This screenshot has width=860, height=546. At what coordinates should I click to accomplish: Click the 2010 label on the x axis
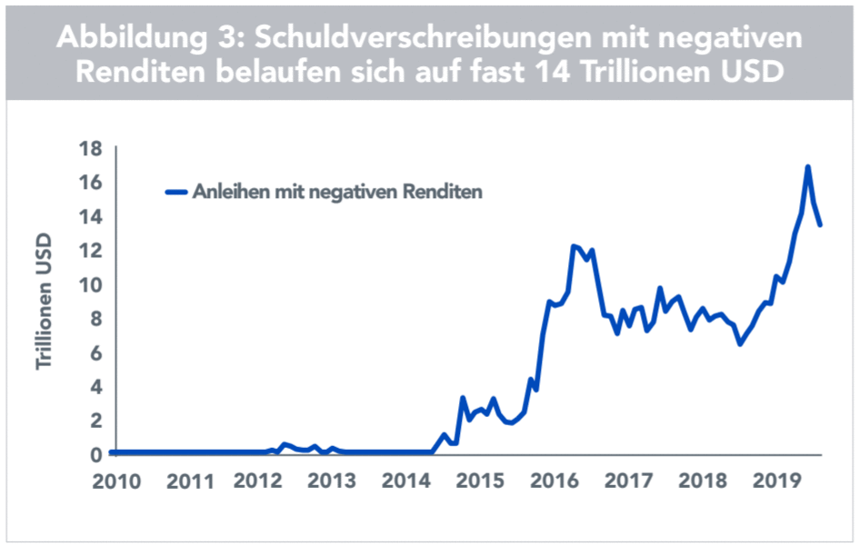click(117, 479)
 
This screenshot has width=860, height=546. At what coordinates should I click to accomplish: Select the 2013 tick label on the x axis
click(330, 479)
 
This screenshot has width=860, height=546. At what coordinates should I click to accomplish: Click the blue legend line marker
click(175, 192)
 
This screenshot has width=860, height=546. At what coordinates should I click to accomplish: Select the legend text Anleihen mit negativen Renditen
click(335, 192)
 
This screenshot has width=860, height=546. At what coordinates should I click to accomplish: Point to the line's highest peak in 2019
click(807, 167)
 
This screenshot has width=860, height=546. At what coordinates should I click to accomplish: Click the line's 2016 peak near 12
click(574, 245)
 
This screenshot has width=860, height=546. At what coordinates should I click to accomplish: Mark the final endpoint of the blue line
click(820, 224)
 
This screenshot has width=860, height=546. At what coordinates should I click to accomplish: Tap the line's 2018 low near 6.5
click(740, 343)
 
